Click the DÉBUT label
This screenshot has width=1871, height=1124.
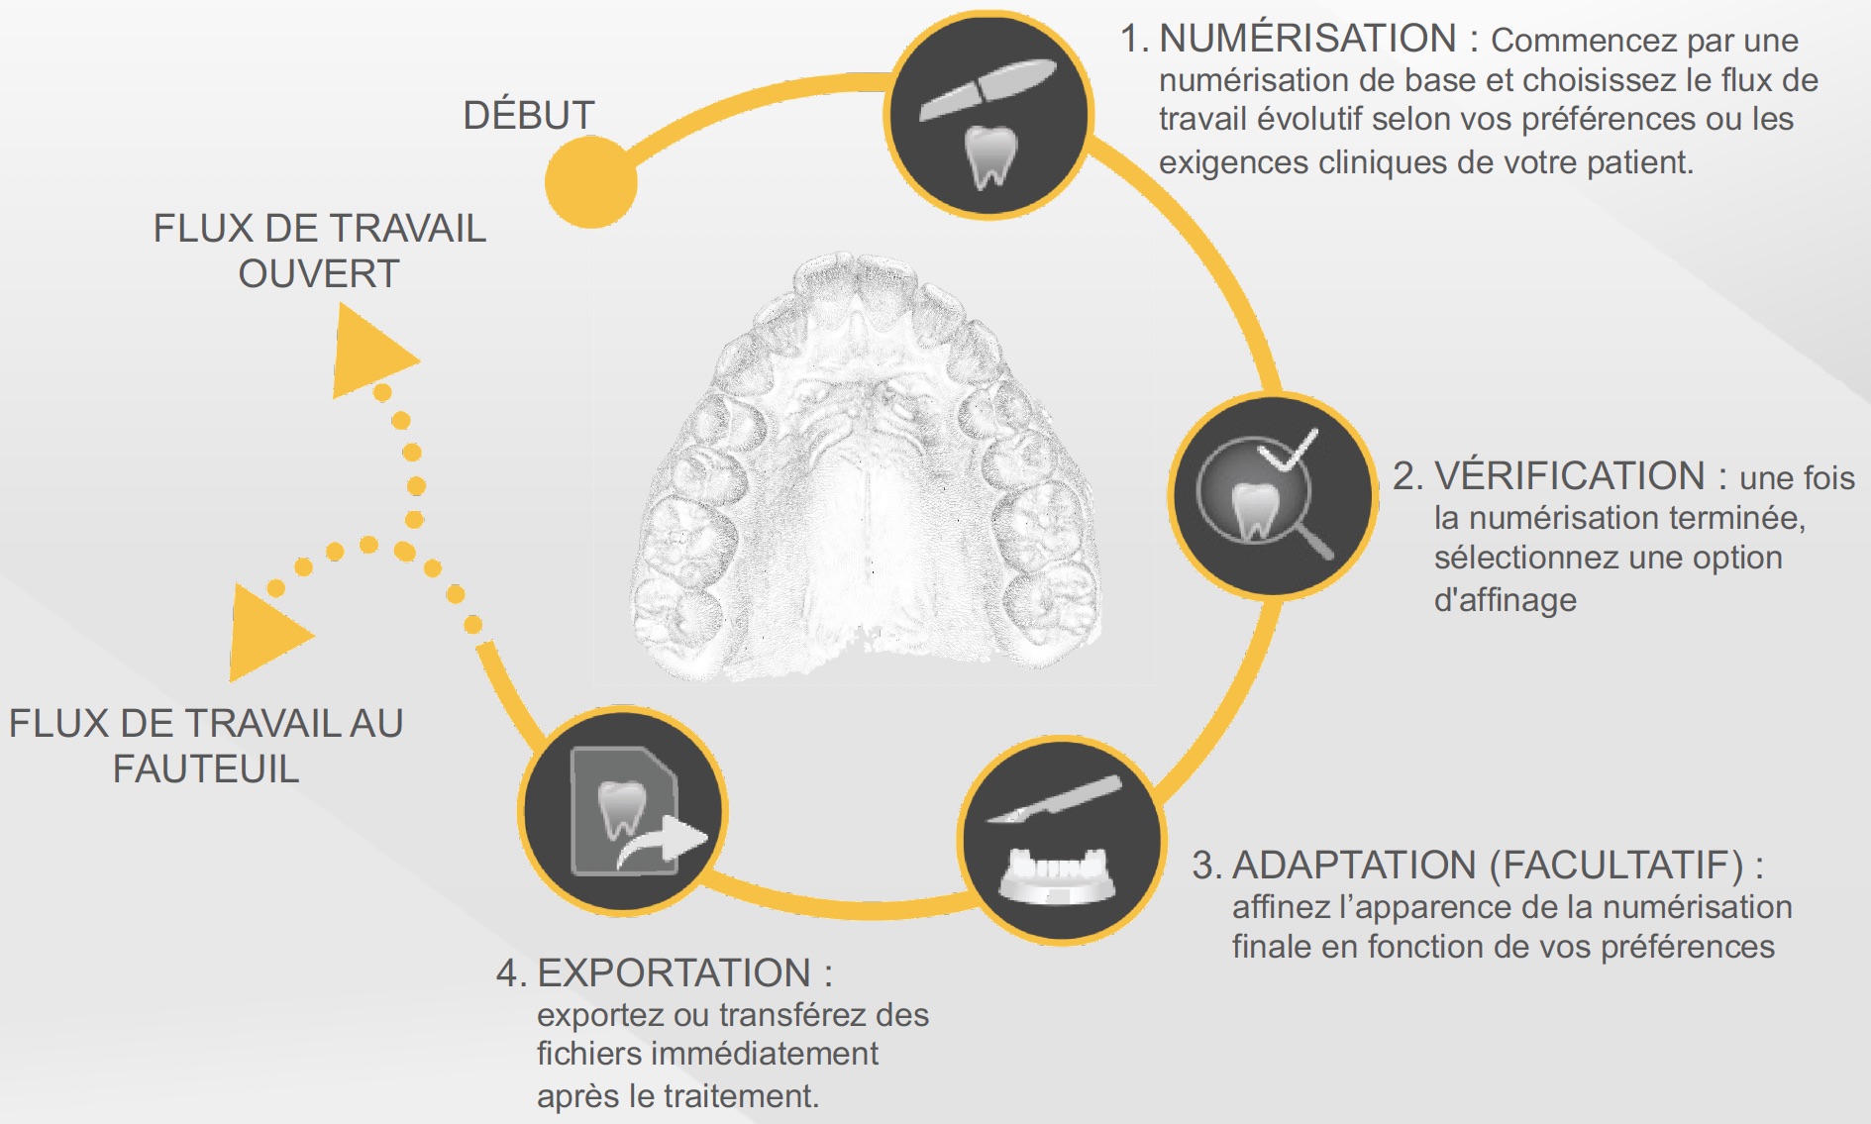529,116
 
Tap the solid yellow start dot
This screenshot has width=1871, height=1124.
590,182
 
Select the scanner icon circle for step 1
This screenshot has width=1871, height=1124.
988,115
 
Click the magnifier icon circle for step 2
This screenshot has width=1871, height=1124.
1273,494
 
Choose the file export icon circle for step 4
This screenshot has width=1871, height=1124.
623,810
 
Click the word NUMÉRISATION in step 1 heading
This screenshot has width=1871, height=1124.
1307,39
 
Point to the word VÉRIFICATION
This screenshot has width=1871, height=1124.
1569,476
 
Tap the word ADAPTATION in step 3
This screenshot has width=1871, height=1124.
1354,866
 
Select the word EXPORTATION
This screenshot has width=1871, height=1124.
674,973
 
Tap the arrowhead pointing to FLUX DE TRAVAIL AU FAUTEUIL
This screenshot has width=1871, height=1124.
264,634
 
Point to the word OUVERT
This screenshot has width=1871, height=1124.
319,273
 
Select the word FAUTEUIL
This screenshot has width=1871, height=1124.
206,769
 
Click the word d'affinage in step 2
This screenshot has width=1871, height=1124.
1505,600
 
